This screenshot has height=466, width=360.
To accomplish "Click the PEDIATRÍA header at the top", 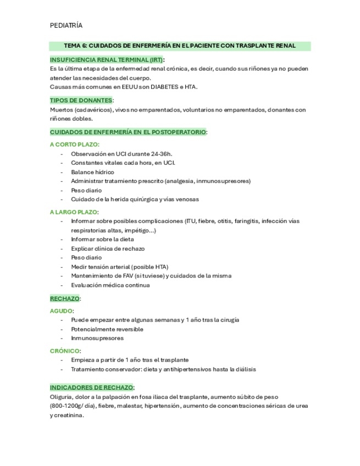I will point(66,25).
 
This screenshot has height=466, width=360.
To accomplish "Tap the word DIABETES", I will point(163,87).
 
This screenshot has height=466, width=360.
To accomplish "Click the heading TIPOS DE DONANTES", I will point(81,100).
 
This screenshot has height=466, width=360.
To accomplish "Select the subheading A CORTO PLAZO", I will point(74,145).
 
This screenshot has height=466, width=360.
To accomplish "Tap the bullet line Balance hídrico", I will point(92,172).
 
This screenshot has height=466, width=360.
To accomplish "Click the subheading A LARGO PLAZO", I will point(74,212).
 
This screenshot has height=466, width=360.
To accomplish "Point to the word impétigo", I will point(140,230).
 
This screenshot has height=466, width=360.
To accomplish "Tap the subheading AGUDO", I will point(61,310).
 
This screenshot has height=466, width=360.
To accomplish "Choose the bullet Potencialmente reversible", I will point(107,329).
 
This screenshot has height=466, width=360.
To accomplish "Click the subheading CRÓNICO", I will point(65,351).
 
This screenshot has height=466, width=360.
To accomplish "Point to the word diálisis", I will point(242,369).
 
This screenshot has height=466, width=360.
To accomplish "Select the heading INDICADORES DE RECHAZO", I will point(91,387).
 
